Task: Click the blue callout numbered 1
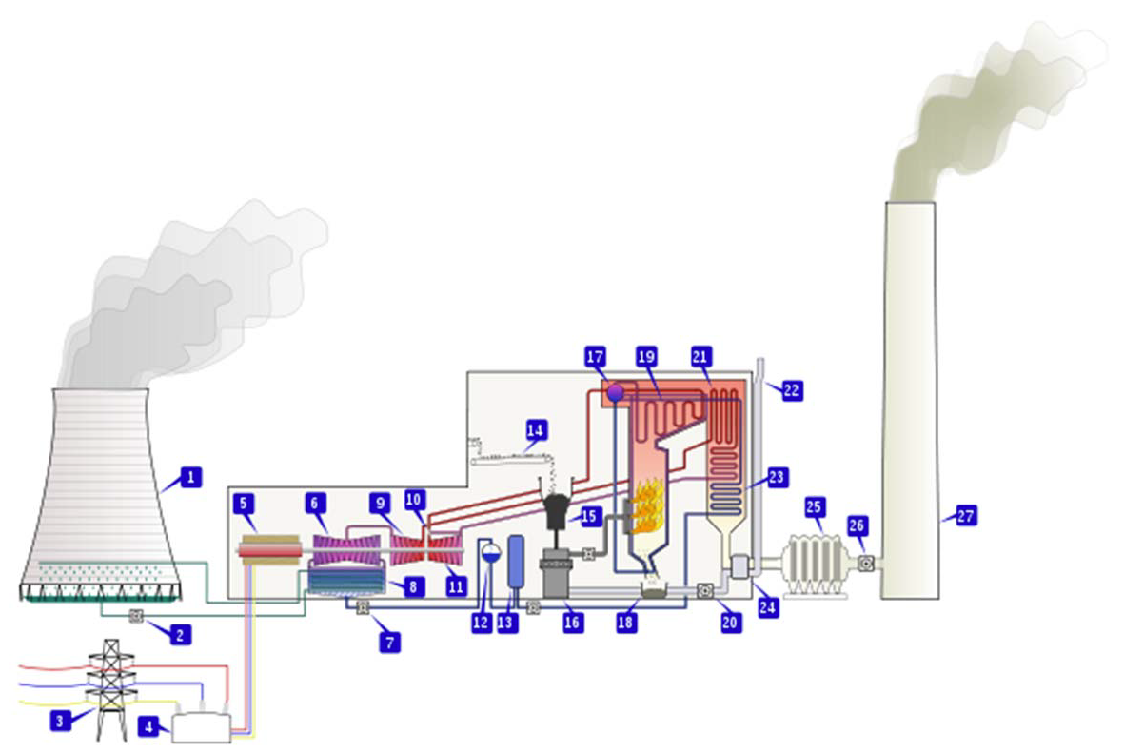click(x=191, y=477)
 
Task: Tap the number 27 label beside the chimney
click(x=966, y=516)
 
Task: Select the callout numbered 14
click(x=536, y=430)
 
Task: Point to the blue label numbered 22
click(x=792, y=389)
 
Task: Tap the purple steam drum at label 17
click(x=615, y=391)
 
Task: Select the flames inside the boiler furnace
click(x=646, y=507)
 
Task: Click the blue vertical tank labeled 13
click(x=516, y=561)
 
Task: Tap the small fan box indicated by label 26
click(x=865, y=563)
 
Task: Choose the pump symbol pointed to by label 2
click(x=136, y=617)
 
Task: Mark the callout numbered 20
click(x=730, y=623)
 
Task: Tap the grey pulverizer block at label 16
click(x=554, y=575)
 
